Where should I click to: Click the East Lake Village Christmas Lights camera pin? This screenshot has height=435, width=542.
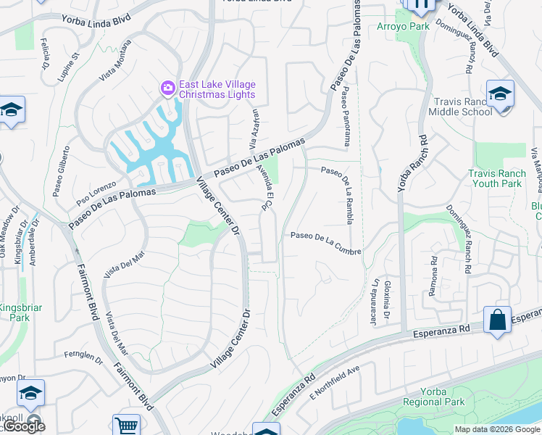[x=168, y=88]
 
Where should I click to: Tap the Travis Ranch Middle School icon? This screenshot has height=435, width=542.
[x=500, y=93]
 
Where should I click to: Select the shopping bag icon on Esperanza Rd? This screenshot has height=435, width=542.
[x=497, y=320]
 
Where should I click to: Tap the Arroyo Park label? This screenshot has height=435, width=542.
[x=404, y=26]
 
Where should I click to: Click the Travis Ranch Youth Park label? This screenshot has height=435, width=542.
[x=495, y=178]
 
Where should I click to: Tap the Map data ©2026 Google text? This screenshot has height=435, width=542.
[x=496, y=429]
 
